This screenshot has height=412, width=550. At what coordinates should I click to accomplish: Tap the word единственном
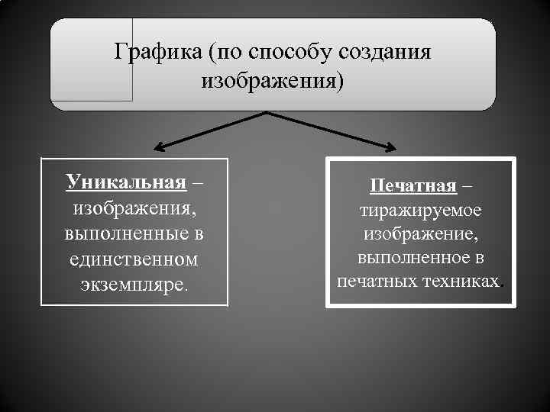[134, 259]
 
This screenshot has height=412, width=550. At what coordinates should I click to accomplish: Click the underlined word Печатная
[413, 185]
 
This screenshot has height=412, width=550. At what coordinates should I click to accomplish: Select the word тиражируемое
[420, 209]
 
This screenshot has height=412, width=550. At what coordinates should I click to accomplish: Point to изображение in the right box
[420, 233]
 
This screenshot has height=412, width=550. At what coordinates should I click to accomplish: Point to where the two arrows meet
[267, 113]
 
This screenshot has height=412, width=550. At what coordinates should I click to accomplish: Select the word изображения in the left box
[134, 208]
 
